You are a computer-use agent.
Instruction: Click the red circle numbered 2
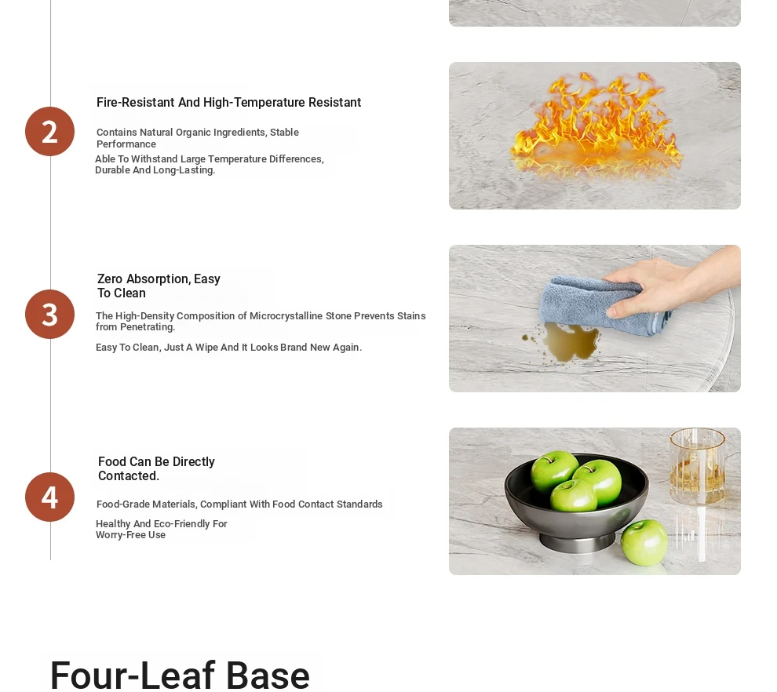tap(49, 131)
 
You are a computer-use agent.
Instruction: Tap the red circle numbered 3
tap(49, 314)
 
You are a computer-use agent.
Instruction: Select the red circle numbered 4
tap(49, 497)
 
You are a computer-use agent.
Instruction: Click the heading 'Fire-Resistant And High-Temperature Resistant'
tap(228, 103)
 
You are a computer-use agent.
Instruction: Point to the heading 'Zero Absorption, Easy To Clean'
tap(159, 286)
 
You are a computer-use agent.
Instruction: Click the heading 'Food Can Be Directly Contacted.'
tap(156, 468)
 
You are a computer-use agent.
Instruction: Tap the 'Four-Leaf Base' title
tap(180, 674)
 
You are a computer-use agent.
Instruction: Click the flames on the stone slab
tap(597, 125)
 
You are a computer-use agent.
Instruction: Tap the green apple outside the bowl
tap(644, 542)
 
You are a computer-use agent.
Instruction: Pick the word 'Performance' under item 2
tap(126, 144)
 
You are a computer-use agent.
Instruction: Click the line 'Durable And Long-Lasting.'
tap(155, 170)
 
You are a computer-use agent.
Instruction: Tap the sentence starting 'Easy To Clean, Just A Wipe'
tap(228, 348)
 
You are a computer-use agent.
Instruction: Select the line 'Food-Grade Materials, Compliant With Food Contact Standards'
tap(239, 504)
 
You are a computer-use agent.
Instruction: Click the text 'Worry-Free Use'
tap(130, 535)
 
